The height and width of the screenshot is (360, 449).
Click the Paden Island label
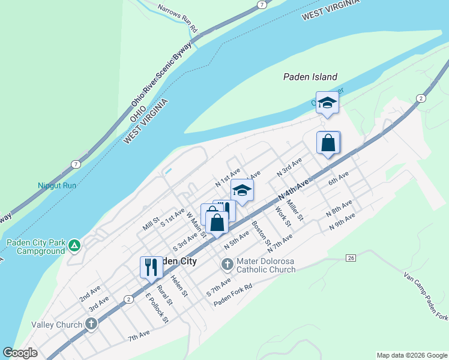310,77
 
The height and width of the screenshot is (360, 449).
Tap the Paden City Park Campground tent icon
74,245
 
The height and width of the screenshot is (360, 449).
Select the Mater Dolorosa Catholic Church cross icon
228,264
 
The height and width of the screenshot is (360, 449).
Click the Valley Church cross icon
91,325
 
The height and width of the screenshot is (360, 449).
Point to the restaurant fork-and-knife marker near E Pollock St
151,267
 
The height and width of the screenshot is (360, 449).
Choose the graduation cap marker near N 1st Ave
242,190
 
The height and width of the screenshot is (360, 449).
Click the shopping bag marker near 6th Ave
328,143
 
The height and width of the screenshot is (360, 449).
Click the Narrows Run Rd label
178,18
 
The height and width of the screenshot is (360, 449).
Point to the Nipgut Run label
57,185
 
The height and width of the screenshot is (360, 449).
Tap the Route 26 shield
351,257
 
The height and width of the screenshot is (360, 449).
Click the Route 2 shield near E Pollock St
128,299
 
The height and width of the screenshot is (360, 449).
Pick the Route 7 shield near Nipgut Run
75,164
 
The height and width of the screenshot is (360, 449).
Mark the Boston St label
262,233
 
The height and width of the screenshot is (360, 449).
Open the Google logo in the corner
20,353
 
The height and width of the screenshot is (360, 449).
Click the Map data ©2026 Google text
411,355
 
